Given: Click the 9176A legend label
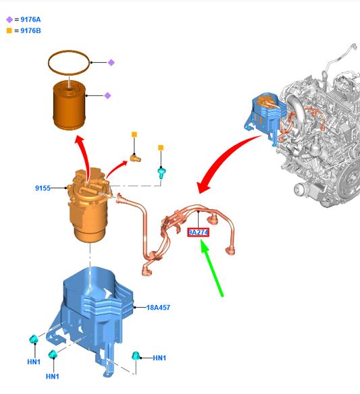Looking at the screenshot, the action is (x=30, y=20).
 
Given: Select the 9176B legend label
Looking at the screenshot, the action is (x=30, y=30).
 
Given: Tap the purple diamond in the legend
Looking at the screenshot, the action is (x=9, y=20).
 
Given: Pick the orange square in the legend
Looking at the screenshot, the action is (x=9, y=30).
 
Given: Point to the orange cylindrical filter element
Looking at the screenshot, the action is (x=69, y=105).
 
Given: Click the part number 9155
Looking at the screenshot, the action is (x=43, y=188).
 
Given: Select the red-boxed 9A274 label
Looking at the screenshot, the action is (x=198, y=233).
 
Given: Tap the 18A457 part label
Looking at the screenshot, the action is (x=158, y=308).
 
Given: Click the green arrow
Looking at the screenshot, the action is (x=211, y=268).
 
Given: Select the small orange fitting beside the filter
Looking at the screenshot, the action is (x=135, y=158).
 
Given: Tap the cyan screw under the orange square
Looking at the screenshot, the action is (x=161, y=173).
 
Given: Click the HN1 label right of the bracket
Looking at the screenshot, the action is (x=159, y=358).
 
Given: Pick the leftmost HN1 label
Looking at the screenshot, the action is (x=34, y=362).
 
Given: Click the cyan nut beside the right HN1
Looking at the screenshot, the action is (x=136, y=356).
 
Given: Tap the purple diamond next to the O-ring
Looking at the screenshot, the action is (x=111, y=62).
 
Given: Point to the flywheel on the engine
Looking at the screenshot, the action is (x=351, y=178).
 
